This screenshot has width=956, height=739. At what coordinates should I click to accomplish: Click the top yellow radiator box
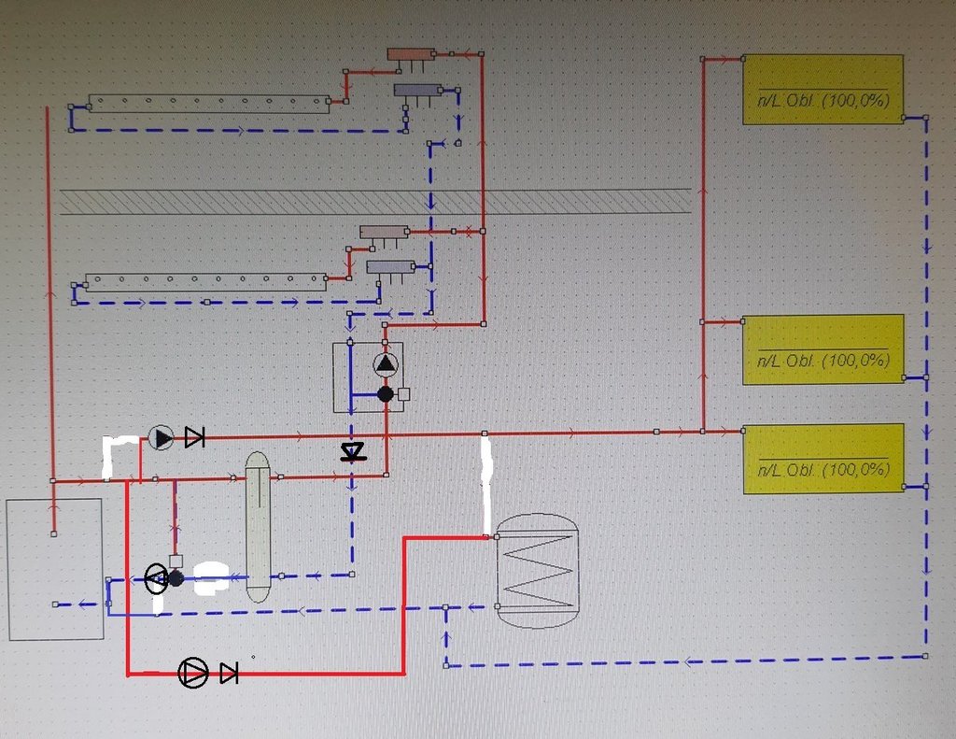822,89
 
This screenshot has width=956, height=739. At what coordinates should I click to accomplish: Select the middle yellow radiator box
822,348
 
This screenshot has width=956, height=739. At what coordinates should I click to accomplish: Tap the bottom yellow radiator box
822,458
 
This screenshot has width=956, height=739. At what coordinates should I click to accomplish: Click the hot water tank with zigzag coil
536,570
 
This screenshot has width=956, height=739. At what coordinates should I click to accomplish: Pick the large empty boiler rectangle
55,569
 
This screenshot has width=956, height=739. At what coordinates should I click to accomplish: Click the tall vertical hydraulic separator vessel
258,527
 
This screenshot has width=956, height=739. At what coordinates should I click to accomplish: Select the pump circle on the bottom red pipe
193,673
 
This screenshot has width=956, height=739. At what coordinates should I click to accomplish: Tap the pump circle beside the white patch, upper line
162,437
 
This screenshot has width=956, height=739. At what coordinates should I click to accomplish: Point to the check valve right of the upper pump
194,437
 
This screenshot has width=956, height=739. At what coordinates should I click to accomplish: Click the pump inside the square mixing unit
386,364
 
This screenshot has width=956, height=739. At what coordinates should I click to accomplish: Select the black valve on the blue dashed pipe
352,453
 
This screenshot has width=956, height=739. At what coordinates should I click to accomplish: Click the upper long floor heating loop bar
208,104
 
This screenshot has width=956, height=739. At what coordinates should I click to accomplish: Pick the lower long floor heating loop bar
205,282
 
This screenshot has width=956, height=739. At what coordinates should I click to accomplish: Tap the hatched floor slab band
373,202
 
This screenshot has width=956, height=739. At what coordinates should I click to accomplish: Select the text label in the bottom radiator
822,469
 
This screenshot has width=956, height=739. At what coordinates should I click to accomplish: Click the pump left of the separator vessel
156,578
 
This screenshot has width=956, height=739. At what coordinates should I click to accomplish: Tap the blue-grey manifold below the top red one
416,91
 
